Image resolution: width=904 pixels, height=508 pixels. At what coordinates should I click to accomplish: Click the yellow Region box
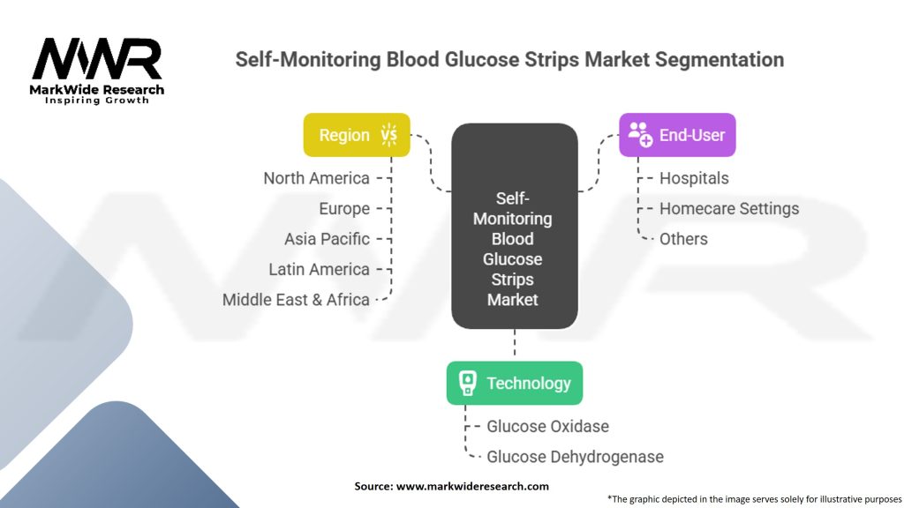357,135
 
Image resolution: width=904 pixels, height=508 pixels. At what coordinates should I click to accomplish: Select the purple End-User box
677,135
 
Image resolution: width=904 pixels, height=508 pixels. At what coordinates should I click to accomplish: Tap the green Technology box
515,383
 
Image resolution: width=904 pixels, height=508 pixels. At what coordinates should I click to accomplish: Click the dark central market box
515,226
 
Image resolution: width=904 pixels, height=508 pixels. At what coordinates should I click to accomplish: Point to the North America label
317,178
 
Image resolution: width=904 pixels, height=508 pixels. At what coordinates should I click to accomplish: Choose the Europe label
344,209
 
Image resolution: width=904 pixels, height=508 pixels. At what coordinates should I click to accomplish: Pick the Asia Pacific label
327,239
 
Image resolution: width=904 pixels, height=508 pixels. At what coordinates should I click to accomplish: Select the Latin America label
319,270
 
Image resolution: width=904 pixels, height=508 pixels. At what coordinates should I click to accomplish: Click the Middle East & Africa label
296,300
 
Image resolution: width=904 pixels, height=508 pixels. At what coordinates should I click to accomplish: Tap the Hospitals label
694,178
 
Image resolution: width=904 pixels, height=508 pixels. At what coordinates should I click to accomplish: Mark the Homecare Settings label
729,209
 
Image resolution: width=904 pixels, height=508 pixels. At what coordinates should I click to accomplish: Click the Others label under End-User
683,239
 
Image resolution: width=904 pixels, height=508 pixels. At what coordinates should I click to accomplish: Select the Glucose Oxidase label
547,427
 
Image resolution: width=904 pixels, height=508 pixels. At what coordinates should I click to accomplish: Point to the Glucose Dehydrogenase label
575,458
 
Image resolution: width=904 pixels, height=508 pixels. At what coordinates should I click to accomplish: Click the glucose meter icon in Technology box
468,383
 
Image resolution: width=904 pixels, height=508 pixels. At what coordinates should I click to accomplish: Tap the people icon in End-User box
640,134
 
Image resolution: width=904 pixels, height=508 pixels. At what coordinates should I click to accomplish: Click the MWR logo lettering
97,58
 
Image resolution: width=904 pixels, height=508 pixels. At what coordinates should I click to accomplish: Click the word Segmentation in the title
719,60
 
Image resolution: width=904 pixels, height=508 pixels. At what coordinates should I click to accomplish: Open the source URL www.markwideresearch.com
472,486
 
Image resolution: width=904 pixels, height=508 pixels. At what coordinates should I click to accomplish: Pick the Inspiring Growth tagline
97,101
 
